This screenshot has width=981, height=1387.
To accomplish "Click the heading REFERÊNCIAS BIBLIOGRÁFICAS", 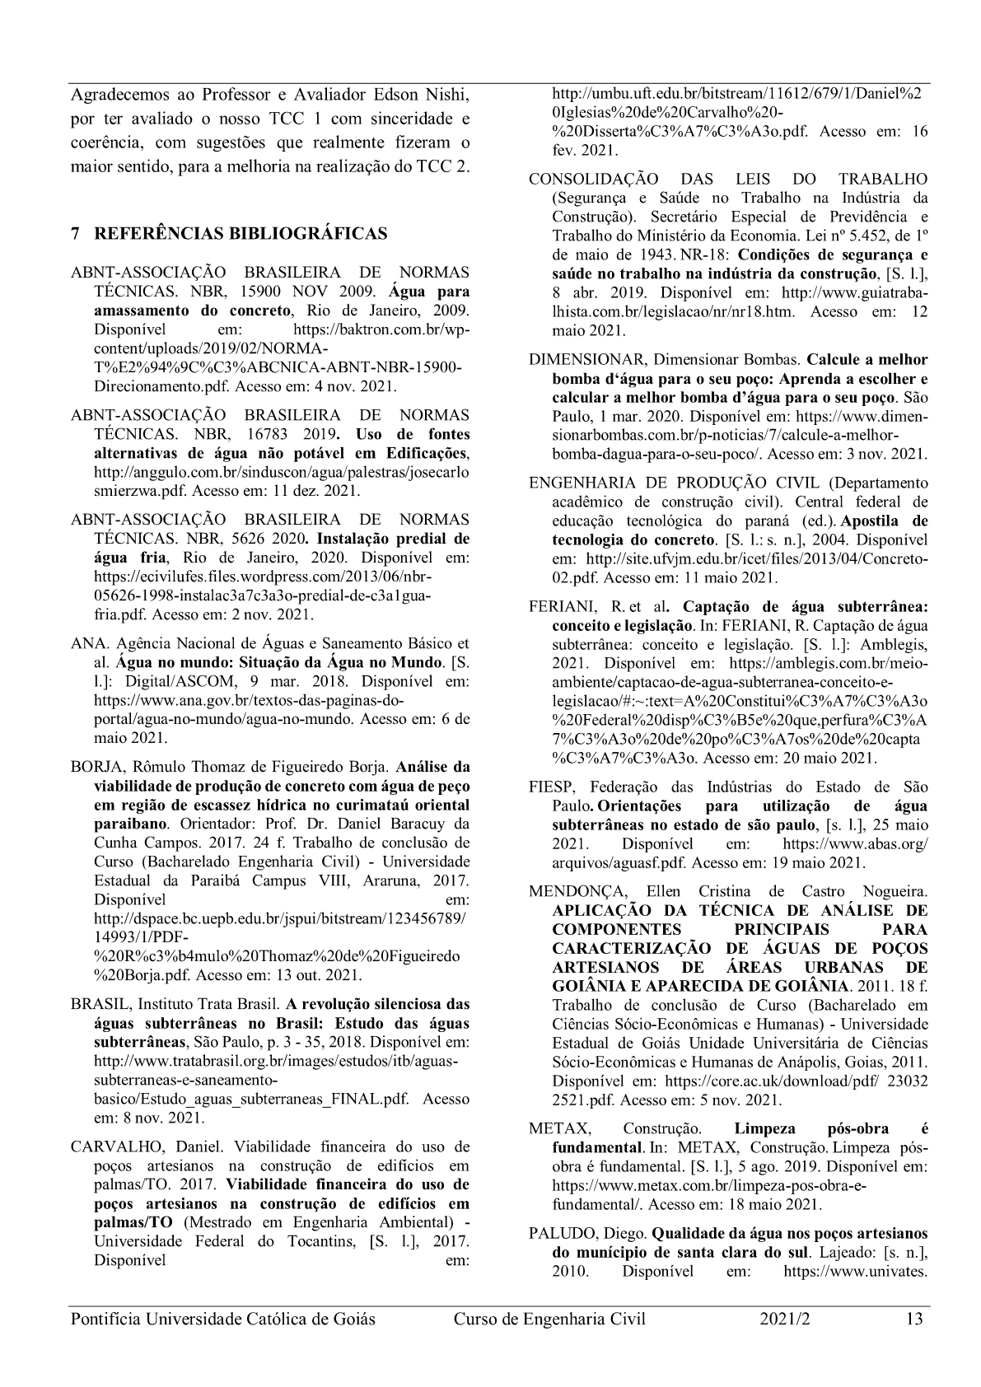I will (x=241, y=234).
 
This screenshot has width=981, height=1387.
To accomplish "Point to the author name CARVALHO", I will (x=108, y=1146).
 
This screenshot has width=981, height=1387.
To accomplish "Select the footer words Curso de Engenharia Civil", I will (x=549, y=1319).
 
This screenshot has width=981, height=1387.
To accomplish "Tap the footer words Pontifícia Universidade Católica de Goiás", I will (x=223, y=1319).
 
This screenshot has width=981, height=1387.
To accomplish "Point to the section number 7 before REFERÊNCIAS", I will (x=76, y=234).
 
